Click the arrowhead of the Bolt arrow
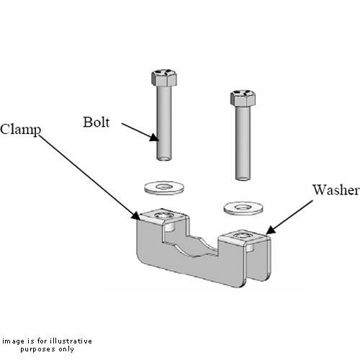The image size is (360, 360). point(153,137)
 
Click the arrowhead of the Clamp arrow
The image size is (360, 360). point(137,217)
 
